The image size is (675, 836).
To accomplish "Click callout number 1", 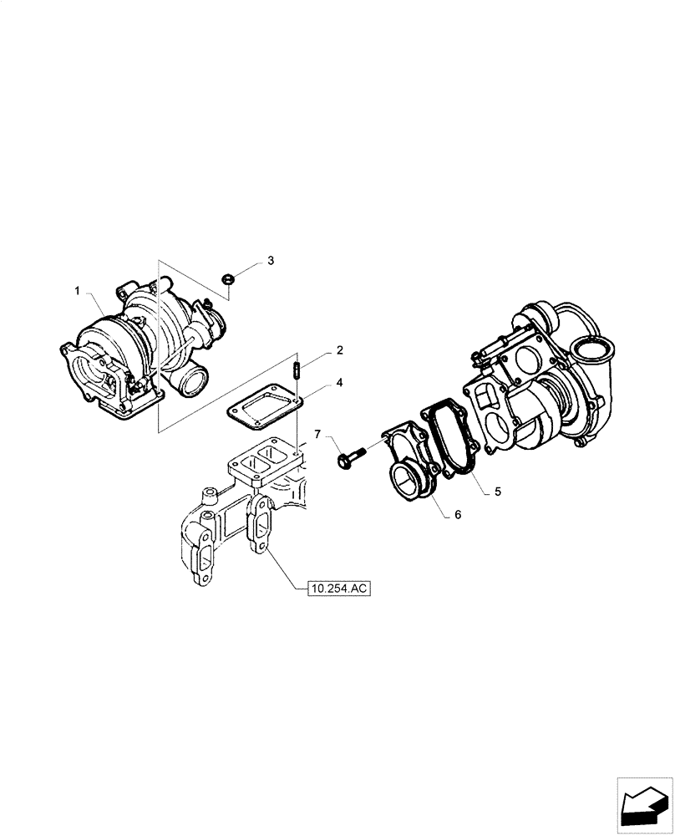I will [77, 291].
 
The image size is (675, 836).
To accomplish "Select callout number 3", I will [270, 261].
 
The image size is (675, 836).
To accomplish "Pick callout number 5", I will [497, 492].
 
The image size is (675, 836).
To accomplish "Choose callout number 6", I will [458, 516].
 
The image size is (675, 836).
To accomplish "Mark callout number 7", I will [317, 433].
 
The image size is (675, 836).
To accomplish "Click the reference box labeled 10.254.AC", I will [337, 589].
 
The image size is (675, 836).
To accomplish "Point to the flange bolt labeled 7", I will [350, 457].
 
